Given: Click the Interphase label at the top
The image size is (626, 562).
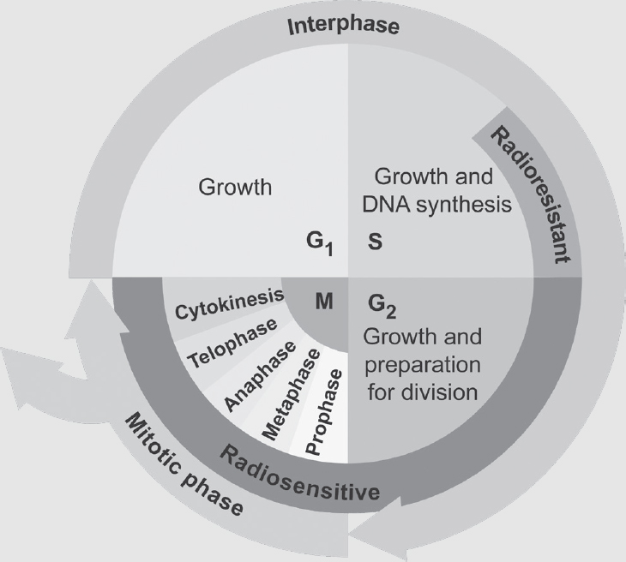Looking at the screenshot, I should click(x=342, y=24).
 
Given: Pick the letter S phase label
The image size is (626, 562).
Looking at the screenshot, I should click(x=375, y=242).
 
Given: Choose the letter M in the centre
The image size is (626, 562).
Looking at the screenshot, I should click(x=323, y=302).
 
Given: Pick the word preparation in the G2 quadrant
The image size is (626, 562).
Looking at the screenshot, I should click(x=424, y=365).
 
